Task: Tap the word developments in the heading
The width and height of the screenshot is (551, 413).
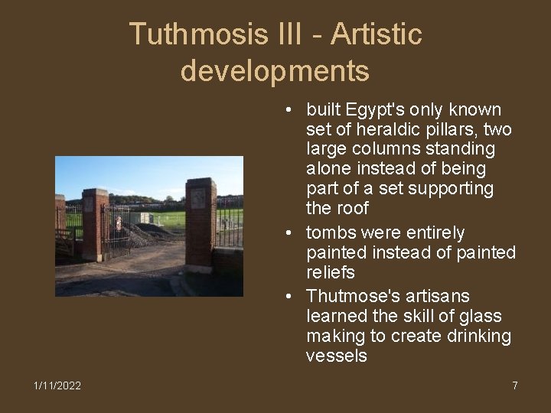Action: tap(275, 71)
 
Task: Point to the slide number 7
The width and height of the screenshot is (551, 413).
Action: tap(515, 385)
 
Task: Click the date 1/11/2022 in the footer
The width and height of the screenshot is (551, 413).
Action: tap(57, 385)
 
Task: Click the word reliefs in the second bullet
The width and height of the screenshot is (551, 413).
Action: tap(331, 272)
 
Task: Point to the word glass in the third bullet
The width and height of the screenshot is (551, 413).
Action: tap(481, 316)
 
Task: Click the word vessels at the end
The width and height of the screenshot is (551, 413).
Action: tap(336, 356)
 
